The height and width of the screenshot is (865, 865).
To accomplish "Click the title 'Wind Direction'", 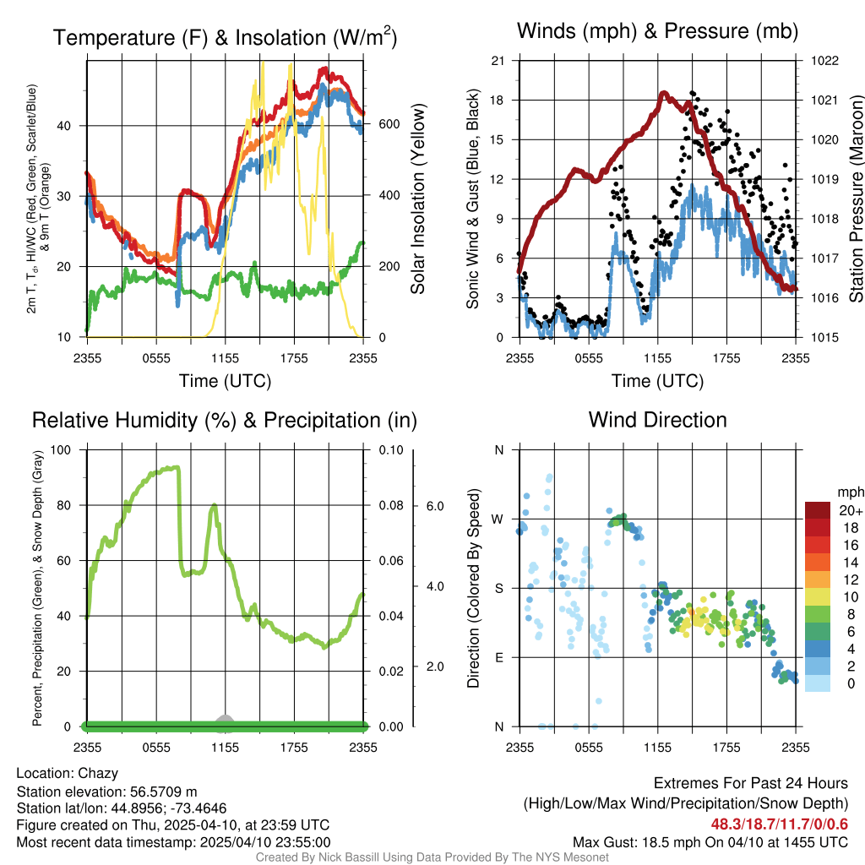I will (x=657, y=420).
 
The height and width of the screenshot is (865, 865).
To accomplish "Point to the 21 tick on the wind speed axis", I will (x=498, y=61).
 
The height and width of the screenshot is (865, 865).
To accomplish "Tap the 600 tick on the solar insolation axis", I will (x=389, y=125).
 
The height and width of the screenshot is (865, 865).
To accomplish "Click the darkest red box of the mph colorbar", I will (x=818, y=510).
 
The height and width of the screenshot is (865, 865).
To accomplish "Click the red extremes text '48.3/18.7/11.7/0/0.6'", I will (x=779, y=824).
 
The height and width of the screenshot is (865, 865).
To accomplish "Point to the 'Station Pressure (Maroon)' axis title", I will (x=855, y=199).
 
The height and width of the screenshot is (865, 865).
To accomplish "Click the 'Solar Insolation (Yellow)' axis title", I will (x=418, y=199).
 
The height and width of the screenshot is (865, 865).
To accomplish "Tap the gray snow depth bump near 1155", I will (x=224, y=719).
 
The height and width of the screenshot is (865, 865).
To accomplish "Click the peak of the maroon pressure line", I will (x=664, y=94).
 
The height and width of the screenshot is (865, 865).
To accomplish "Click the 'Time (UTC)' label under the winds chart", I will (x=657, y=381).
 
